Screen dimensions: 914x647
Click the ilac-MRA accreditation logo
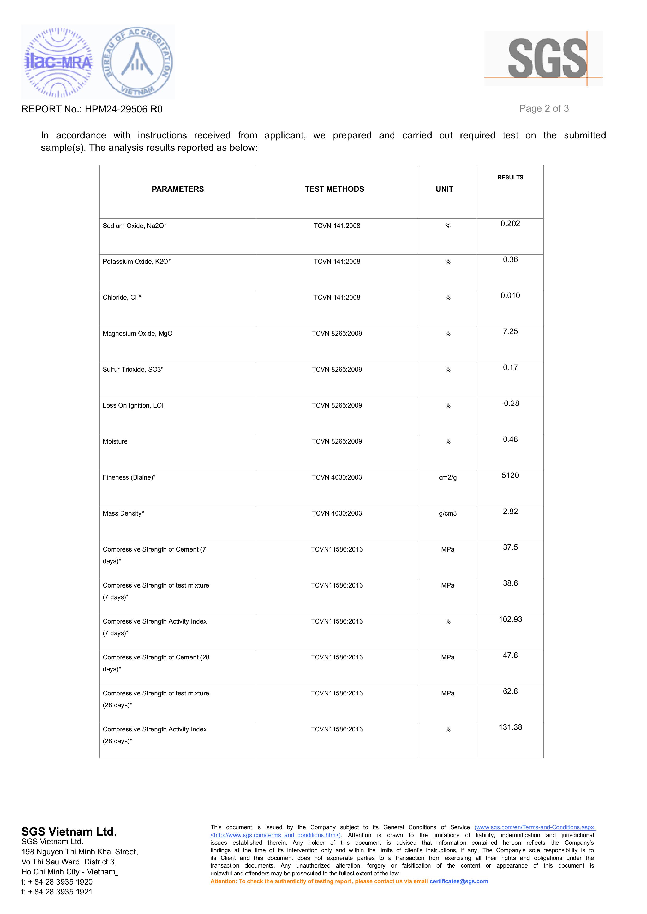(x=58, y=62)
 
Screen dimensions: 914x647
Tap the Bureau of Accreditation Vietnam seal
(x=137, y=62)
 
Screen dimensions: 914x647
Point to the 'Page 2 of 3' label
(x=544, y=108)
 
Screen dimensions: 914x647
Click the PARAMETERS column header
(x=178, y=189)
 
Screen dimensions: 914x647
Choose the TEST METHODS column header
(x=334, y=189)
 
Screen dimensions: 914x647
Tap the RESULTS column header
(x=510, y=178)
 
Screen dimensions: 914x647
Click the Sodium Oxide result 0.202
(x=510, y=224)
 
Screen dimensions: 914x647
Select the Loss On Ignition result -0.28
(x=510, y=403)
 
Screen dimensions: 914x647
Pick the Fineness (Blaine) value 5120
(x=510, y=476)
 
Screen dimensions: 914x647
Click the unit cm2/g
(x=447, y=477)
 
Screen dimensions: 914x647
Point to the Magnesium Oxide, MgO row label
(x=137, y=333)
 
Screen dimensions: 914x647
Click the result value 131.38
(x=510, y=727)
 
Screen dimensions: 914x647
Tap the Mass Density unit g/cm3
(x=447, y=513)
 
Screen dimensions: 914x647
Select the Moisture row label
(x=115, y=441)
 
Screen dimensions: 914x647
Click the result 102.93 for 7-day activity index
(x=510, y=619)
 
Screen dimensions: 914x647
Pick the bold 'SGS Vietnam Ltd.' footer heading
(x=69, y=832)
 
